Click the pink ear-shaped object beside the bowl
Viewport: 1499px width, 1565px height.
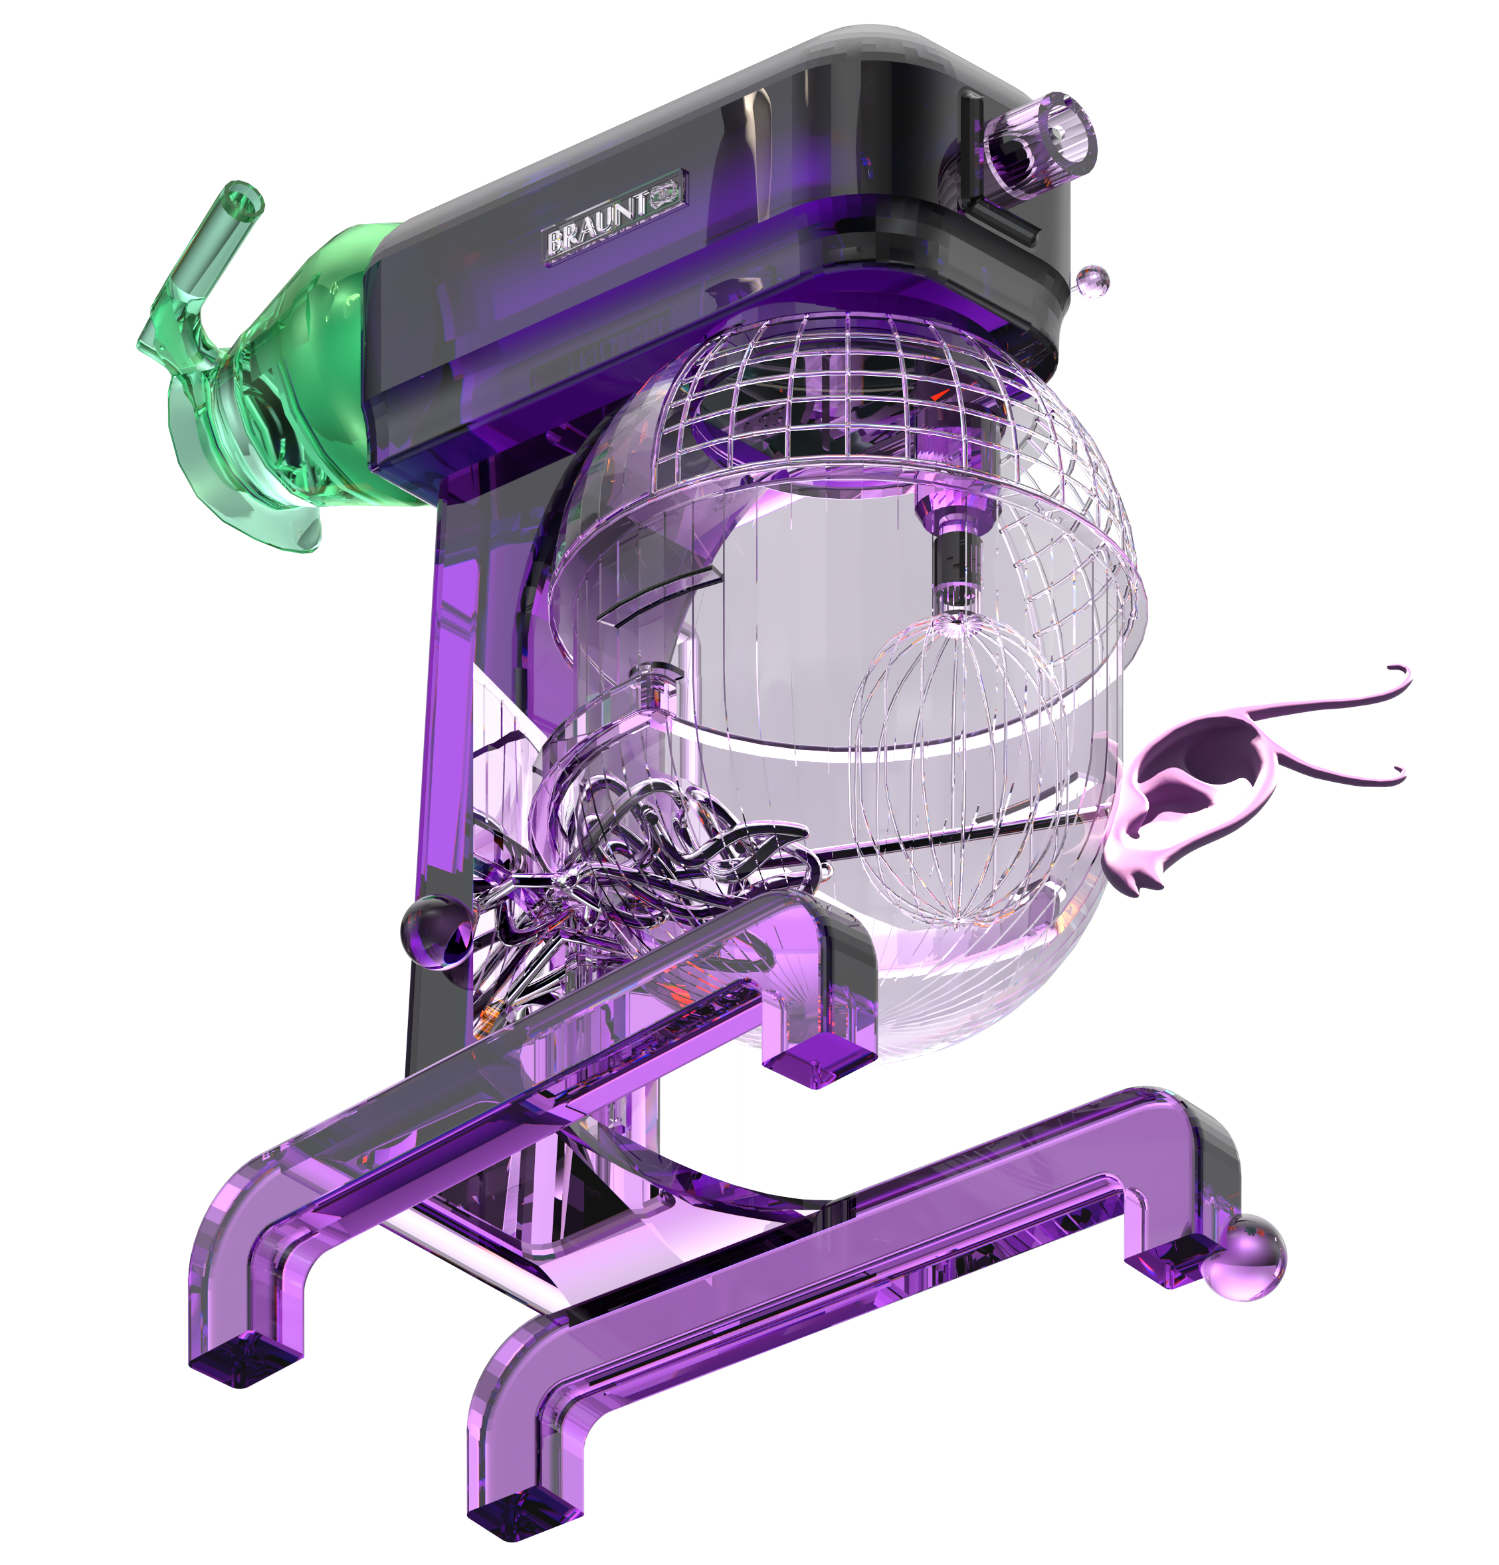1190,786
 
